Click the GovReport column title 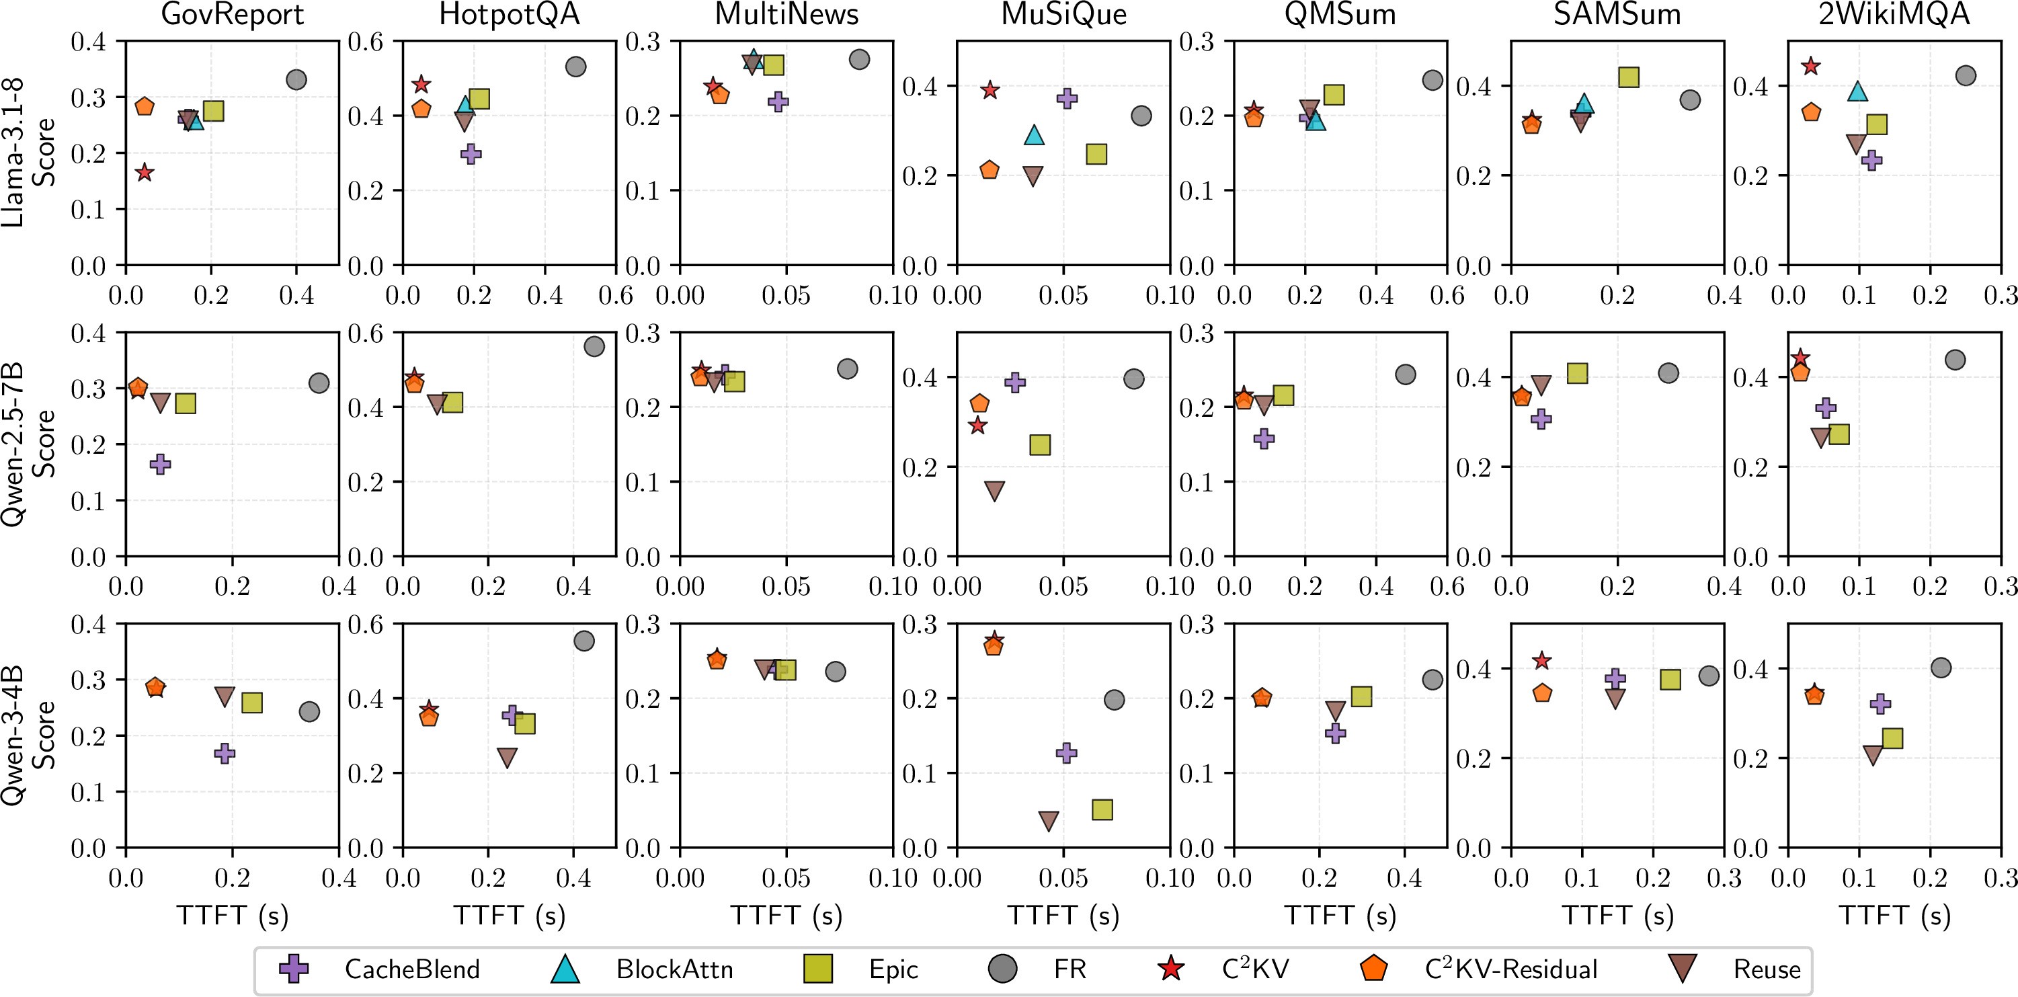[x=232, y=14]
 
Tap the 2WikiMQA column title [x=1894, y=14]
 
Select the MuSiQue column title [x=1064, y=14]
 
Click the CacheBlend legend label [x=412, y=969]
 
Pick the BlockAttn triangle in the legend [x=565, y=969]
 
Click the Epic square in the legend [x=818, y=969]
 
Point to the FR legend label [x=1069, y=969]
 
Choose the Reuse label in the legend [x=1767, y=969]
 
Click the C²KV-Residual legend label [x=1511, y=969]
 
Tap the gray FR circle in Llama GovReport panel [x=296, y=80]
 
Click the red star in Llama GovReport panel [x=144, y=172]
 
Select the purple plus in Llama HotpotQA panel [x=471, y=154]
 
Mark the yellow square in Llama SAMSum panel [x=1629, y=77]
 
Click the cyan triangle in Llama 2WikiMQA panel [x=1857, y=91]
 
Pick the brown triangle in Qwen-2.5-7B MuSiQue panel [x=994, y=491]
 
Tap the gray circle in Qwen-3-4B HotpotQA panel [x=583, y=641]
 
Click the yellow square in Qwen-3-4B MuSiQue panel [x=1102, y=809]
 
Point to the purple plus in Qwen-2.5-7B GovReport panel [x=161, y=465]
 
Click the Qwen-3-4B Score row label [x=28, y=735]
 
